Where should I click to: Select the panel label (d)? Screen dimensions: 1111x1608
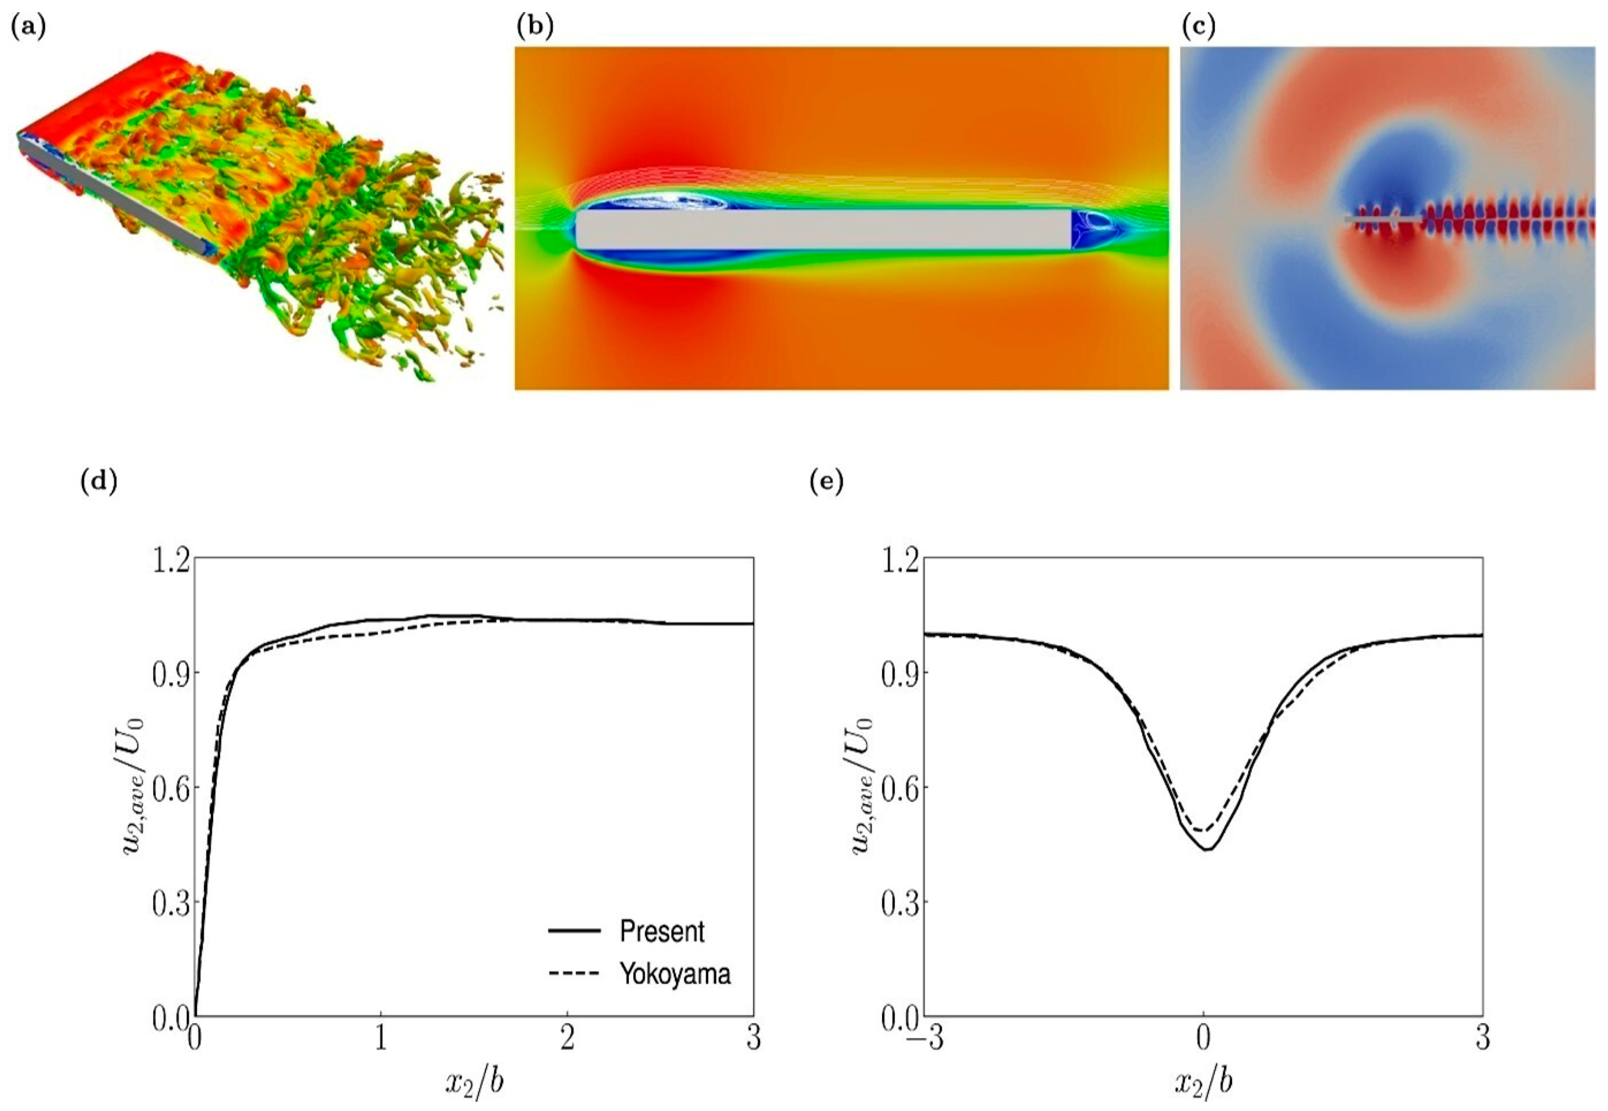[99, 482]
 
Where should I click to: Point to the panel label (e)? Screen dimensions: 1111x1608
[827, 482]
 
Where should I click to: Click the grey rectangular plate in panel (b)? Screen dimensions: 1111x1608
[822, 229]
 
